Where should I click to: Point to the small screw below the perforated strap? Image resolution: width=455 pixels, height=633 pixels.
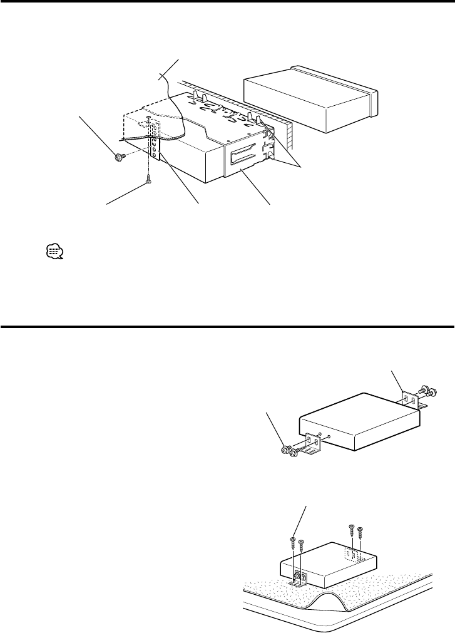click(x=148, y=179)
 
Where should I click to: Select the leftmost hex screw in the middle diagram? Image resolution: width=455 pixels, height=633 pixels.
click(x=285, y=450)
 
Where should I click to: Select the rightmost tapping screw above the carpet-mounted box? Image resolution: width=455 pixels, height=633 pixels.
click(x=360, y=532)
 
